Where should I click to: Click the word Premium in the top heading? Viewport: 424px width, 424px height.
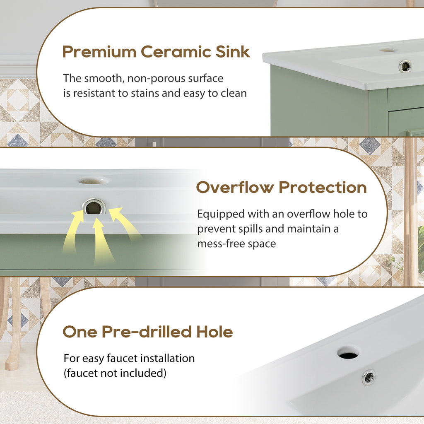[99, 52]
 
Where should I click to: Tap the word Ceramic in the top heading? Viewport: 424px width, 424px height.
[176, 52]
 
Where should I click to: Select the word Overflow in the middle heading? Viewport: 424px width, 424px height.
[235, 187]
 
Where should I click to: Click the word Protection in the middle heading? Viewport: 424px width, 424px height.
[323, 187]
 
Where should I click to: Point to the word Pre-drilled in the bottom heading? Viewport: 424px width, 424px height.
[147, 332]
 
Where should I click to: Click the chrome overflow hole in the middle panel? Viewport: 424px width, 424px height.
[94, 207]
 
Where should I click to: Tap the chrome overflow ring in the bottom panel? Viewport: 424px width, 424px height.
[369, 377]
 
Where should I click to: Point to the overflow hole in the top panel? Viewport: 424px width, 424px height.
[405, 66]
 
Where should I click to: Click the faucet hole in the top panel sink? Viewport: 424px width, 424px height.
[388, 50]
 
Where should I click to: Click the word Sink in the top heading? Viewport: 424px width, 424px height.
[233, 52]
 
